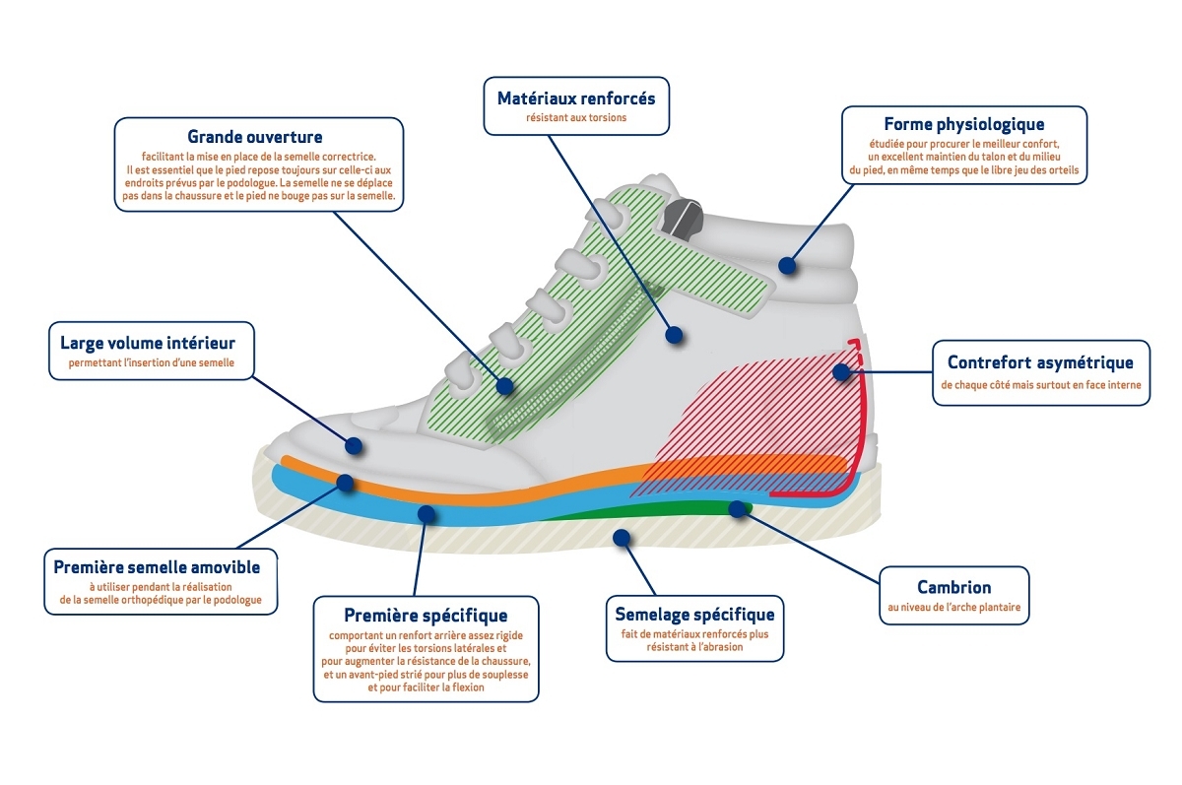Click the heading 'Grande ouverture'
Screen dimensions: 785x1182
click(255, 137)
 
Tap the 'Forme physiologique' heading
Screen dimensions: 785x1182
click(963, 124)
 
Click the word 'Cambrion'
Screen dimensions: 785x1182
click(953, 587)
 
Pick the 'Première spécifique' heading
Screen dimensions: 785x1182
click(426, 616)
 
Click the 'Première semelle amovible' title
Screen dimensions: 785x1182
click(157, 567)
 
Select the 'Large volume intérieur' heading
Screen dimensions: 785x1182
click(147, 343)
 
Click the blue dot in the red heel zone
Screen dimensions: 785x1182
click(840, 372)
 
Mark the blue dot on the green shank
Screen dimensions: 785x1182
click(736, 507)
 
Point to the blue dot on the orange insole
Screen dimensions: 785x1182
click(346, 483)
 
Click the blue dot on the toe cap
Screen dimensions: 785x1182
click(354, 445)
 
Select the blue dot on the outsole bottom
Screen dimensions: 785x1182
click(621, 537)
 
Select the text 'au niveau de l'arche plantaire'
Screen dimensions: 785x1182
click(953, 609)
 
